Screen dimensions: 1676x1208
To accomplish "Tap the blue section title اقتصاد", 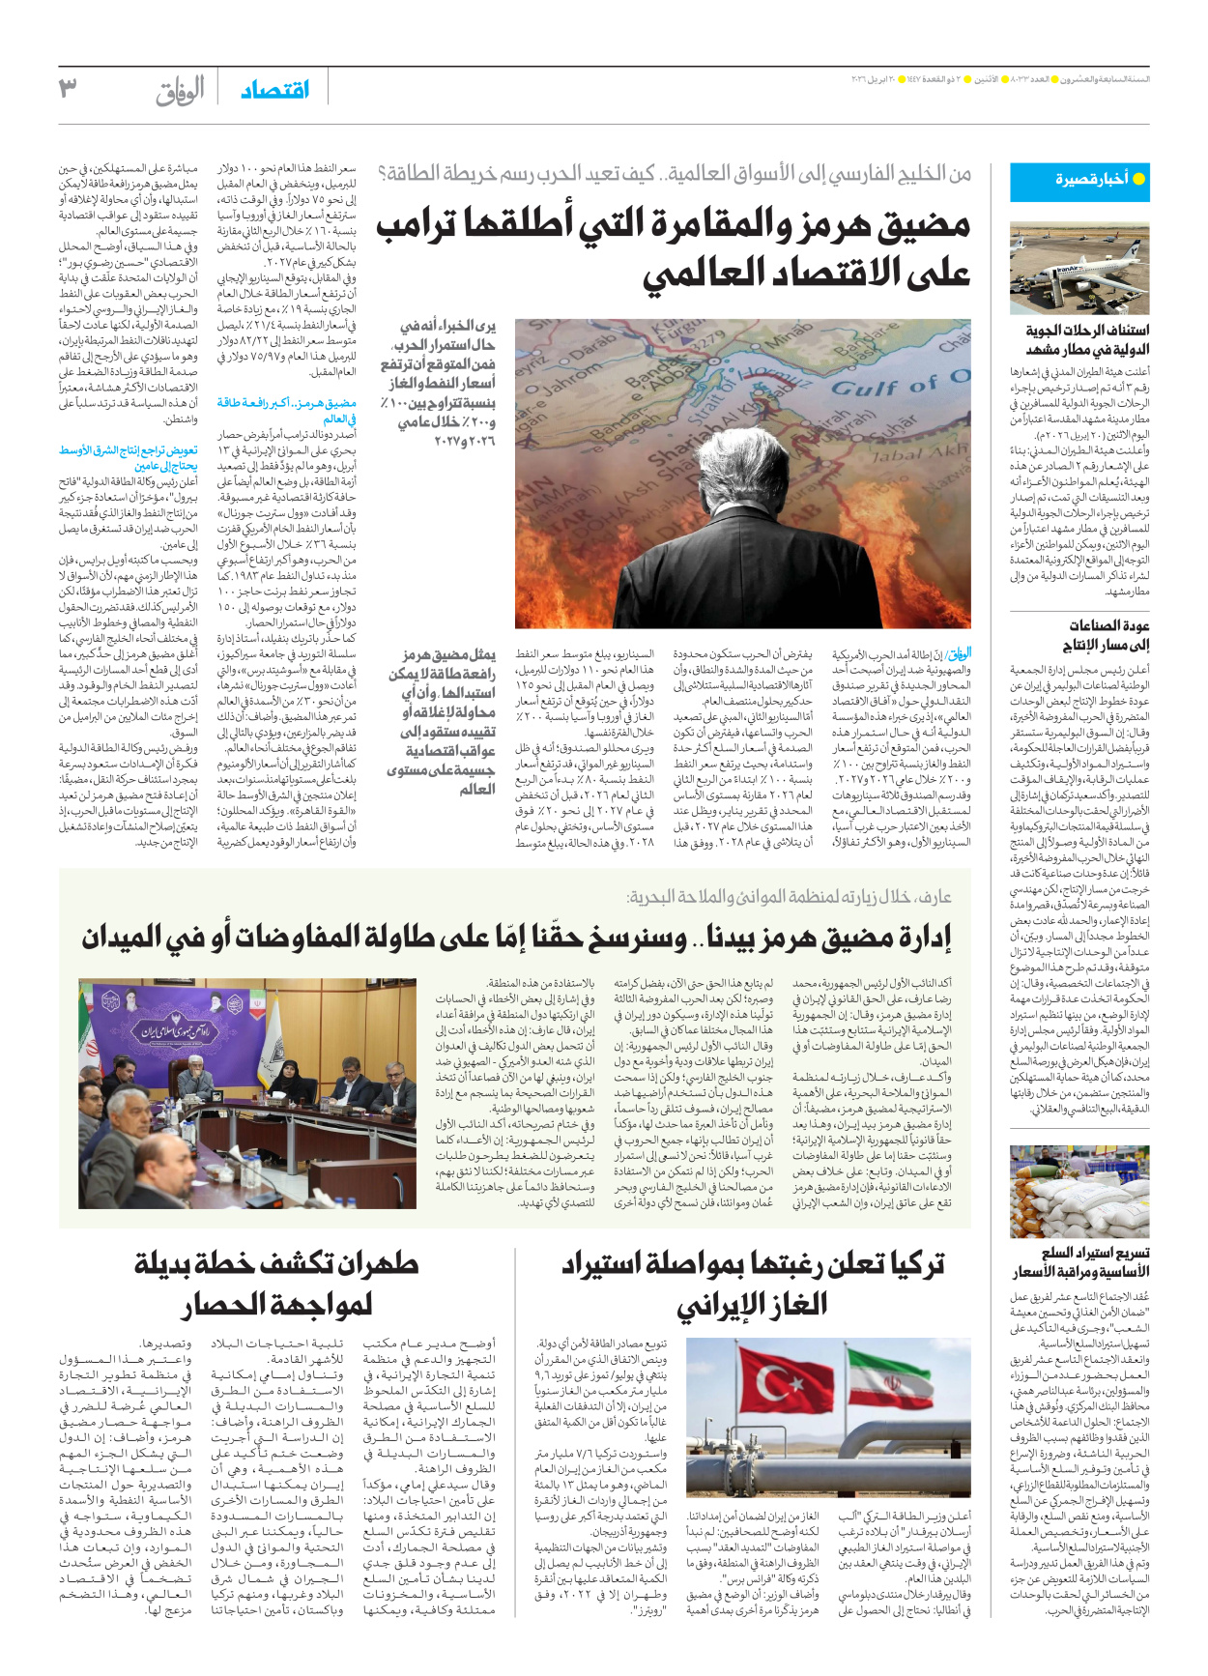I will coord(274,90).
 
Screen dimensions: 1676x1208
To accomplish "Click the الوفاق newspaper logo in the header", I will coord(181,91).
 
